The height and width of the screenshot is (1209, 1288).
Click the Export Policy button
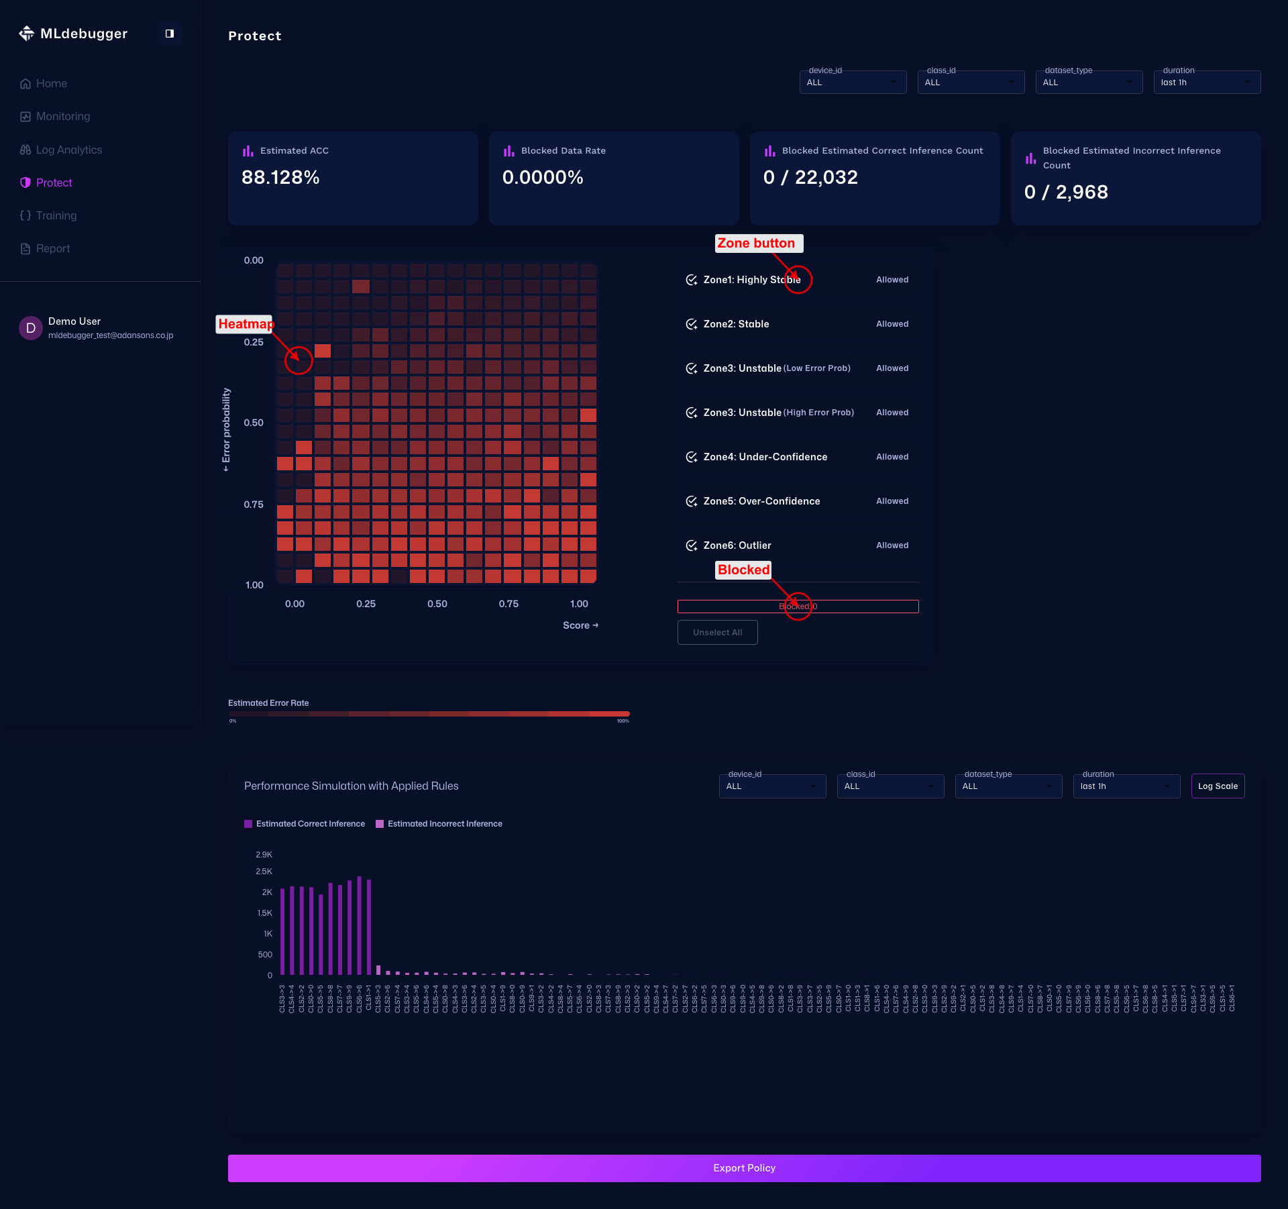744,1168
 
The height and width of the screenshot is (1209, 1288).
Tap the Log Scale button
1218,786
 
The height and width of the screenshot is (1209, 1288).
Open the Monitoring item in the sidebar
62,117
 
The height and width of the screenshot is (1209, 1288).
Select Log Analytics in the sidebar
68,150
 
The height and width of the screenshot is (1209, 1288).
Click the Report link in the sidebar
52,248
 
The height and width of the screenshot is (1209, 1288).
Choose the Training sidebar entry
56,215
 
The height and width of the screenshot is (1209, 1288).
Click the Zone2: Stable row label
736,324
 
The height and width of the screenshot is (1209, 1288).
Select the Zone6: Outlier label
737,545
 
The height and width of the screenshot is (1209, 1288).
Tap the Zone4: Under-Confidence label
765,457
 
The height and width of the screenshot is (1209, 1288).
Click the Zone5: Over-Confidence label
761,501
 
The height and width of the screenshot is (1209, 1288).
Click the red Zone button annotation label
756,244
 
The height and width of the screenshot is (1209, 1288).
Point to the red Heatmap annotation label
245,324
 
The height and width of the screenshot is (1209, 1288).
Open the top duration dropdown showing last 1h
1206,83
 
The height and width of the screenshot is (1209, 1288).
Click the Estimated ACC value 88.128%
280,177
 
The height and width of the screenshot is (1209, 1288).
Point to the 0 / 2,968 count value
1066,192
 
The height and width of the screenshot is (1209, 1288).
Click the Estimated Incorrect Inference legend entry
444,824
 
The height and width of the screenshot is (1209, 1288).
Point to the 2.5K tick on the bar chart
264,872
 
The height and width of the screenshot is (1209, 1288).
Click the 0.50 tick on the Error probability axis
254,423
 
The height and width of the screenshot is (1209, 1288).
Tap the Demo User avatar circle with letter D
30,328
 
